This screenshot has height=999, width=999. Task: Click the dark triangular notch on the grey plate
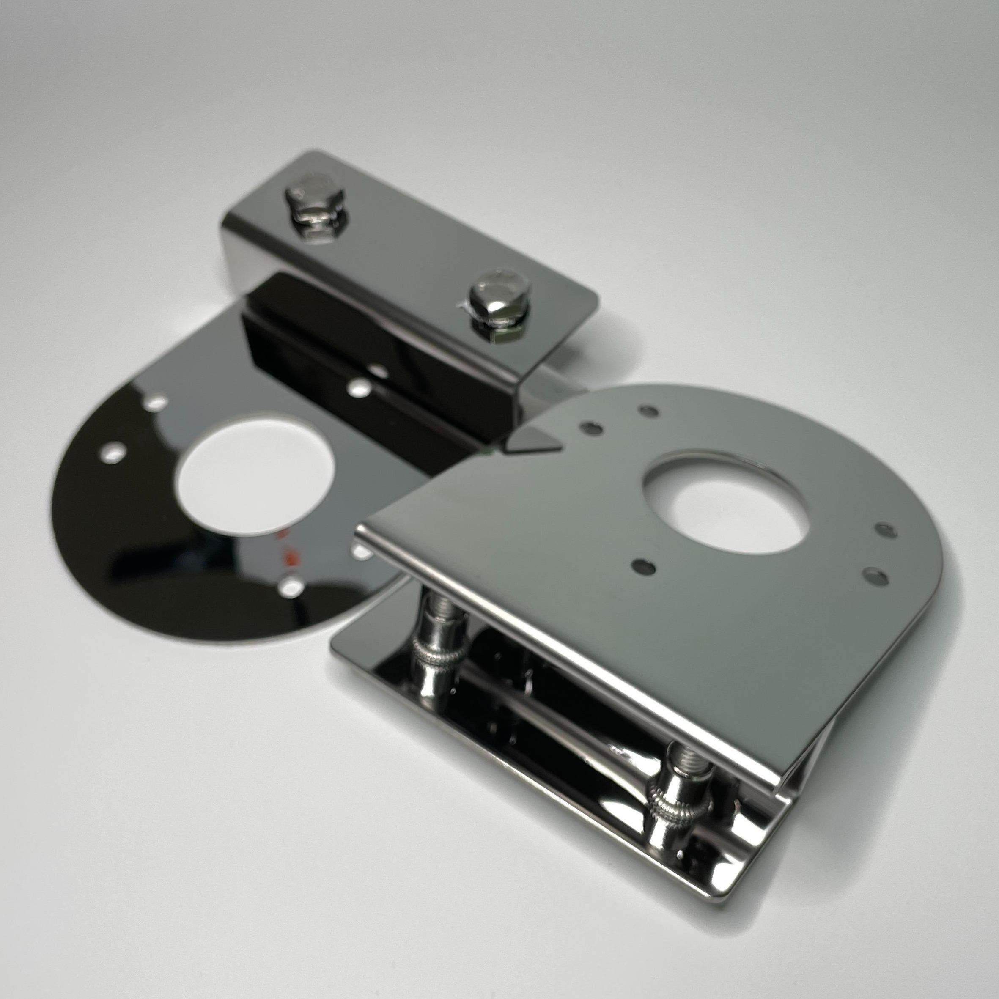pyautogui.click(x=532, y=442)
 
